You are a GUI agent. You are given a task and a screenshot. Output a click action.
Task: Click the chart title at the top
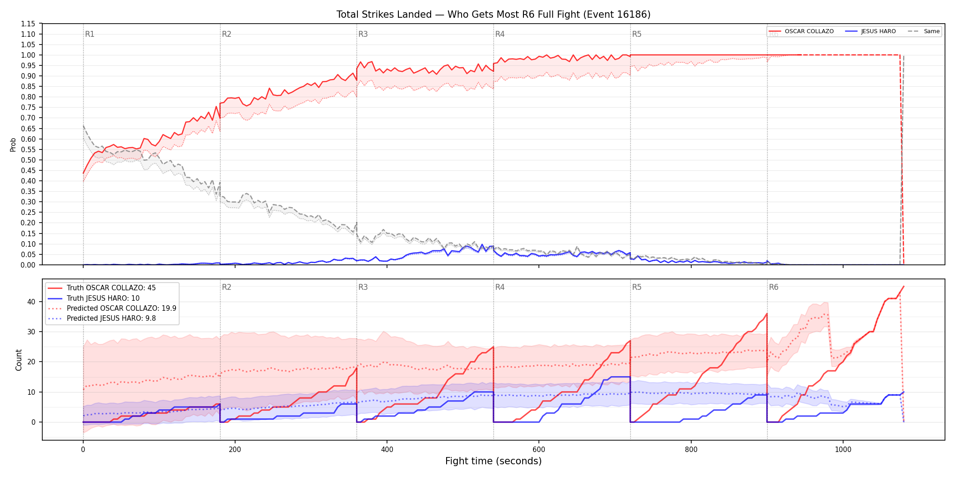[x=493, y=15]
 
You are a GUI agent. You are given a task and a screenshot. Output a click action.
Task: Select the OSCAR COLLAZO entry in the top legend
[x=801, y=31]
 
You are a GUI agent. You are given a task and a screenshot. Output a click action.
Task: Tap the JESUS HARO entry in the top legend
[x=870, y=31]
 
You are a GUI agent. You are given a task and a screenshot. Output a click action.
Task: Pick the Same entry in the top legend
[x=924, y=31]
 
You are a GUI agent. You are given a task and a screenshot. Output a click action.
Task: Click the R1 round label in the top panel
[x=90, y=34]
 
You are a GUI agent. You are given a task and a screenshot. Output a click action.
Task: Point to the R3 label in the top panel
[x=363, y=34]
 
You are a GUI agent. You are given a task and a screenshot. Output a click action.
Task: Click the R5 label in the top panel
[x=637, y=34]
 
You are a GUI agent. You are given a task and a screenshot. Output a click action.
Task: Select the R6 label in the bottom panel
[x=774, y=287]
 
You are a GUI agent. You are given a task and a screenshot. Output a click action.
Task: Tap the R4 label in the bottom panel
[x=500, y=287]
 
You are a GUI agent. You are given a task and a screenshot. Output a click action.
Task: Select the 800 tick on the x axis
[x=691, y=449]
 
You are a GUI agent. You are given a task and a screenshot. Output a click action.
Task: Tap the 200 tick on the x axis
[x=235, y=449]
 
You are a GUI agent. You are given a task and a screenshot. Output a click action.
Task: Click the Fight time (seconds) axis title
[x=493, y=461]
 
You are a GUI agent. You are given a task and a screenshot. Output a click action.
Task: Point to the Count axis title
[x=19, y=360]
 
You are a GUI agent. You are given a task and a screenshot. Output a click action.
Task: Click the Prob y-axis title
[x=13, y=144]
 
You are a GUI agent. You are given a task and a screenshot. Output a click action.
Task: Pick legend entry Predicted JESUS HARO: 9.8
[x=101, y=318]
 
